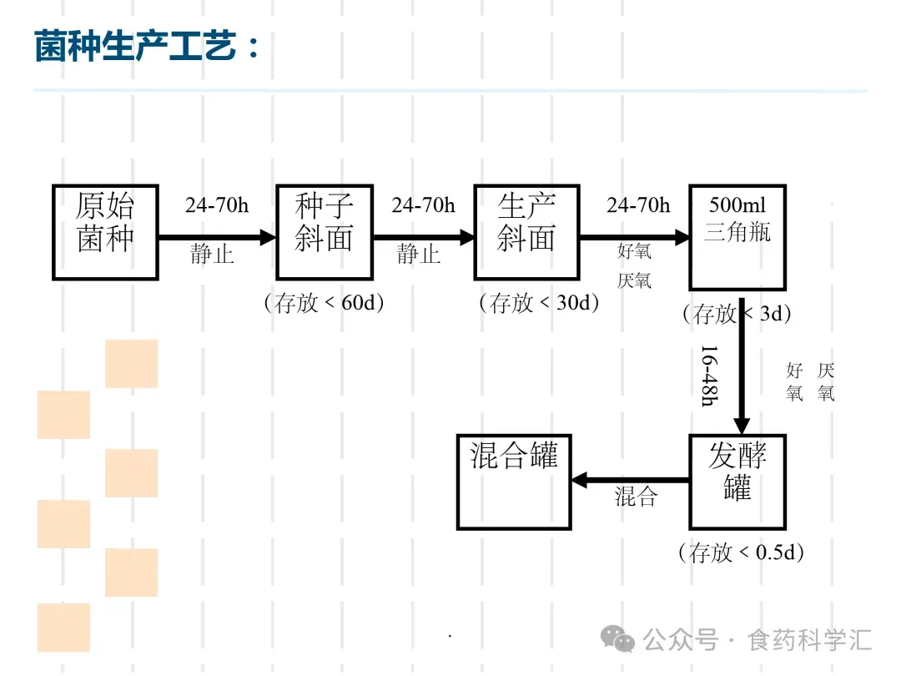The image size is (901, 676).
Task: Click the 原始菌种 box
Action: (x=105, y=232)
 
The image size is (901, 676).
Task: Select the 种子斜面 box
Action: (x=325, y=232)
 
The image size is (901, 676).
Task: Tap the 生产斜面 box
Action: (x=526, y=232)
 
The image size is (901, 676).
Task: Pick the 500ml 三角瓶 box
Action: (x=737, y=238)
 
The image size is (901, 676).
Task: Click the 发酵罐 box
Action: (x=737, y=482)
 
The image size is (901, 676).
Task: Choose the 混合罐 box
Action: (x=514, y=482)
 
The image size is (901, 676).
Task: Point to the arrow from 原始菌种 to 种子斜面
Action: (x=217, y=237)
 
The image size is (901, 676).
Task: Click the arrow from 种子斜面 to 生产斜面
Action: (x=423, y=237)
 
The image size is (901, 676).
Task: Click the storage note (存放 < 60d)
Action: (x=324, y=302)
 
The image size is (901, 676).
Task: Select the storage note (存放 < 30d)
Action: (x=539, y=302)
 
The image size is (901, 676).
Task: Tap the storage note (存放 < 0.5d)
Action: (x=741, y=552)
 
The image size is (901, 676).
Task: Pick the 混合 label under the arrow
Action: (x=637, y=497)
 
